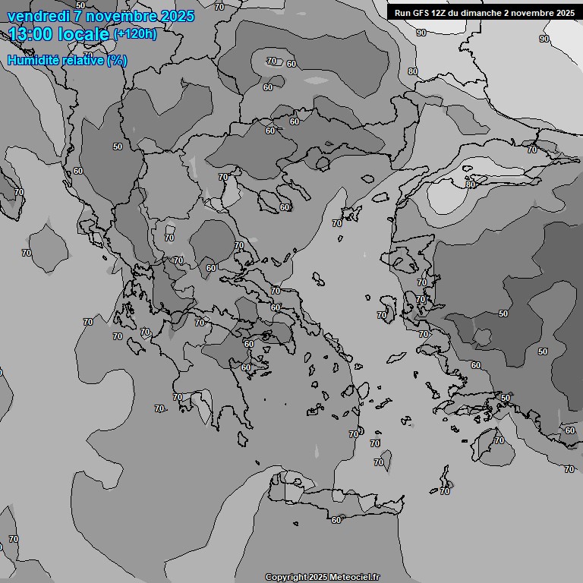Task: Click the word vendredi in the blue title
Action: tap(36, 16)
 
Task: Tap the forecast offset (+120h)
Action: tap(134, 33)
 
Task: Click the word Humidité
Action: tap(34, 60)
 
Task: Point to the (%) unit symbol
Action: tap(117, 60)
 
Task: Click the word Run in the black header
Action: tap(402, 12)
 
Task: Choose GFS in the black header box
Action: tap(421, 12)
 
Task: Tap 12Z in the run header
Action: tap(442, 12)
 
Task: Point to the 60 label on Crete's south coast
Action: tap(336, 520)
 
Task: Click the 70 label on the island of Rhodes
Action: tap(499, 440)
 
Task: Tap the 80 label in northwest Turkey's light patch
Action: tap(471, 184)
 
